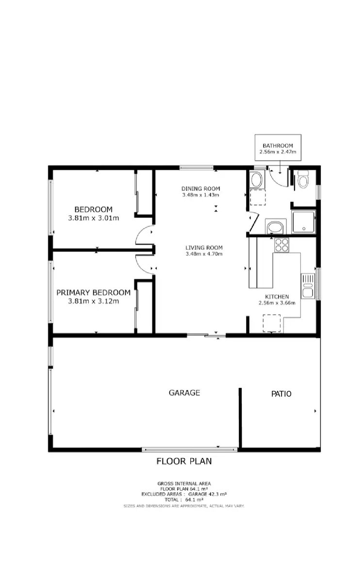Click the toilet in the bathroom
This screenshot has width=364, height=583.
(303, 181)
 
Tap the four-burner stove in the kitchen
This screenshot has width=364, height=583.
(281, 245)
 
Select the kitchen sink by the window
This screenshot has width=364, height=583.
(308, 286)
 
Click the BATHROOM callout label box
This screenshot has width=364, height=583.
(278, 148)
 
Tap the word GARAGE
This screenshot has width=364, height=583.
(184, 393)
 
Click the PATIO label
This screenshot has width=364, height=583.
(281, 394)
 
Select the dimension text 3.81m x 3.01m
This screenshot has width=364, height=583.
(94, 218)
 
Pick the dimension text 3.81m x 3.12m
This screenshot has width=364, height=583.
(94, 301)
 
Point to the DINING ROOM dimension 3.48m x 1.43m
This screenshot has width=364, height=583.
(201, 195)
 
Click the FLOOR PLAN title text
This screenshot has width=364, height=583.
(184, 461)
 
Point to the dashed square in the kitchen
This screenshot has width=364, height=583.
(272, 323)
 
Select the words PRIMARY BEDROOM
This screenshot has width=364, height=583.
(94, 292)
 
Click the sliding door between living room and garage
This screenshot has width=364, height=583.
(207, 335)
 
